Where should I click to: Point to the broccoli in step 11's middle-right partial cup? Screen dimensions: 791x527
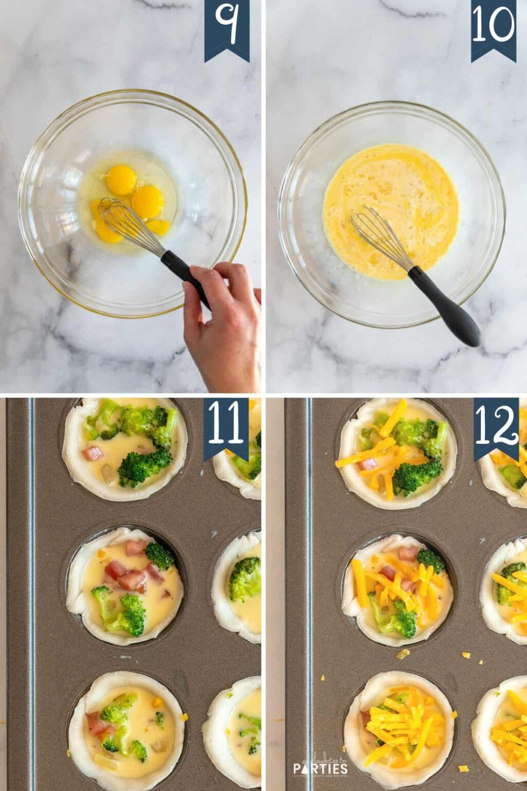(245, 579)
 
